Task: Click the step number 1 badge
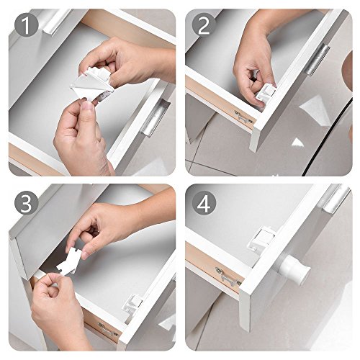coord(27,24)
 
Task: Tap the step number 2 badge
coord(204,24)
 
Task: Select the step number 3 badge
coord(27,203)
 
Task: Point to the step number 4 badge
coord(204,203)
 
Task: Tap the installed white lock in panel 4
coord(261,238)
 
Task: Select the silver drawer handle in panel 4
coord(334,199)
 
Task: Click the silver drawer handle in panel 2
coord(318,60)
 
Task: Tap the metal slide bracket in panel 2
coord(243,117)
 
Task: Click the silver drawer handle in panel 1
coord(156,117)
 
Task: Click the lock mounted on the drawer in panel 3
coord(132,305)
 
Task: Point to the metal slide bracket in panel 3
coord(107,329)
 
